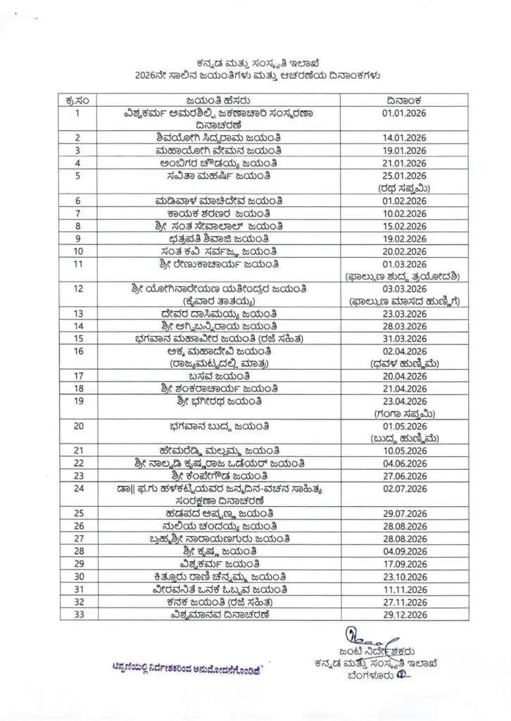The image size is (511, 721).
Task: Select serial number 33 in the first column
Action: (80, 614)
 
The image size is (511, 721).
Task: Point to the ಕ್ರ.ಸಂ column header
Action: (80, 99)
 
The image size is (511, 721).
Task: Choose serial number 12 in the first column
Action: (80, 289)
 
